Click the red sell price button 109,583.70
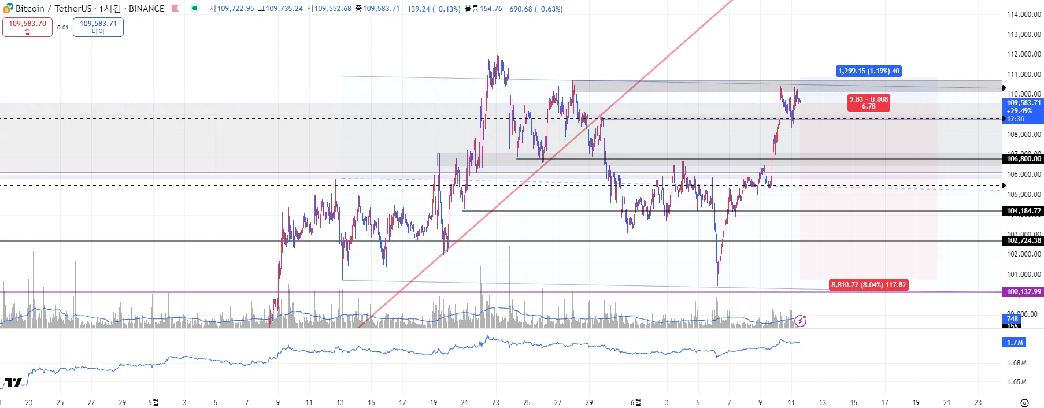[x=27, y=27]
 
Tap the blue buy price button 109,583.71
[x=98, y=27]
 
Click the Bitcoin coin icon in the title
[x=8, y=8]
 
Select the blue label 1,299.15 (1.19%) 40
[x=869, y=71]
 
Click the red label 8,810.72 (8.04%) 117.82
[x=868, y=285]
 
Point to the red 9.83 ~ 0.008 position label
[x=868, y=103]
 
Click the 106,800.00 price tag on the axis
[x=1023, y=159]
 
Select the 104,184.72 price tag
[x=1023, y=211]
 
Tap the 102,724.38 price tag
[x=1023, y=240]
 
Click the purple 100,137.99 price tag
[x=1023, y=292]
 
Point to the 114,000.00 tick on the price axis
[x=1024, y=14]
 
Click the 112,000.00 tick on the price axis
[x=1024, y=54]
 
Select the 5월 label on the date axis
[x=153, y=402]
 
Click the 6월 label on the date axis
[x=635, y=402]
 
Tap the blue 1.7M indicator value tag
[x=1015, y=343]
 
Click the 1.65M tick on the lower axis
[x=1016, y=382]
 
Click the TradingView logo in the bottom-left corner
[x=13, y=382]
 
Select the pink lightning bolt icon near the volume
[x=800, y=321]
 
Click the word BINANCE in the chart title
[x=146, y=9]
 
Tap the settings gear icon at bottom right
[x=1024, y=403]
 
